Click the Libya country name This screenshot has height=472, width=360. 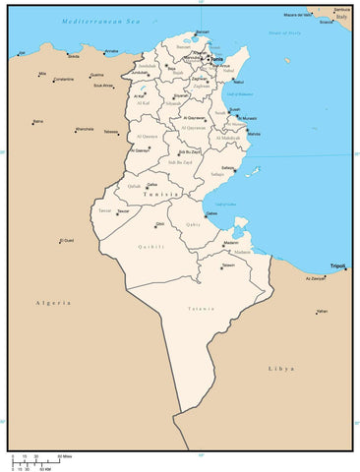[280, 368]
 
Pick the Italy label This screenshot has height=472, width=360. [340, 17]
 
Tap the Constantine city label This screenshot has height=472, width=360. [63, 79]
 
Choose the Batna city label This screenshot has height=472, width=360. [37, 121]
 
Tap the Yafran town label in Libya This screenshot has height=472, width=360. [321, 311]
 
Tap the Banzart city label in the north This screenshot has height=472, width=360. [203, 31]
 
